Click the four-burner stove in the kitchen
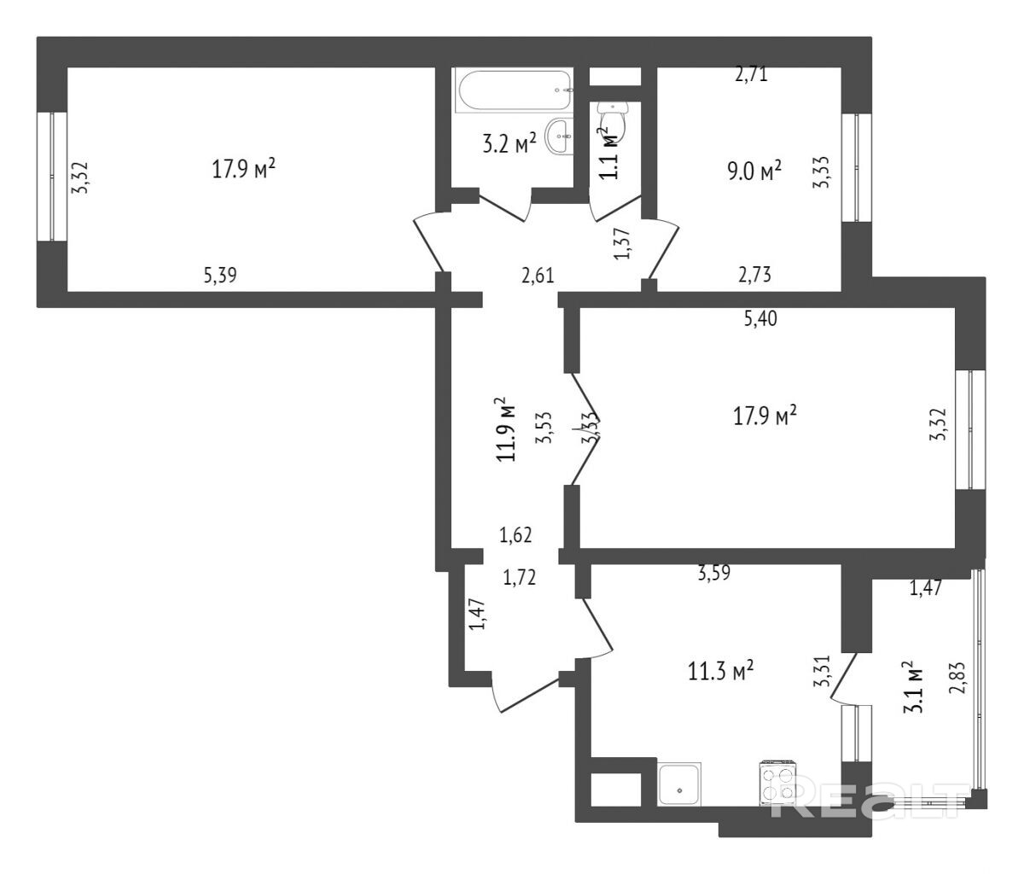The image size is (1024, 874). (777, 782)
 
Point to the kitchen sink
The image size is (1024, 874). (681, 784)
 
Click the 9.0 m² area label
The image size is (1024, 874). (754, 172)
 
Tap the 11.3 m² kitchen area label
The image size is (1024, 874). (720, 672)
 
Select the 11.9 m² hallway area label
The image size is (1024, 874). (509, 428)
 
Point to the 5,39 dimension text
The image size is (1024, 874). (220, 275)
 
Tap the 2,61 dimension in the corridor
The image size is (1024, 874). (538, 275)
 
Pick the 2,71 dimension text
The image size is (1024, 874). (752, 74)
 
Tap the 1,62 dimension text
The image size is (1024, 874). (516, 535)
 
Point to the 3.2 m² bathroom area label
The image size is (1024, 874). (509, 143)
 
